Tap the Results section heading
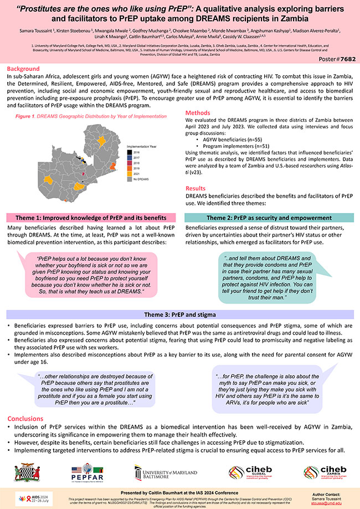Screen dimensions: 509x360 (197, 188)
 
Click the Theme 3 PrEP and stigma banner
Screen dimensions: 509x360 (179, 314)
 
